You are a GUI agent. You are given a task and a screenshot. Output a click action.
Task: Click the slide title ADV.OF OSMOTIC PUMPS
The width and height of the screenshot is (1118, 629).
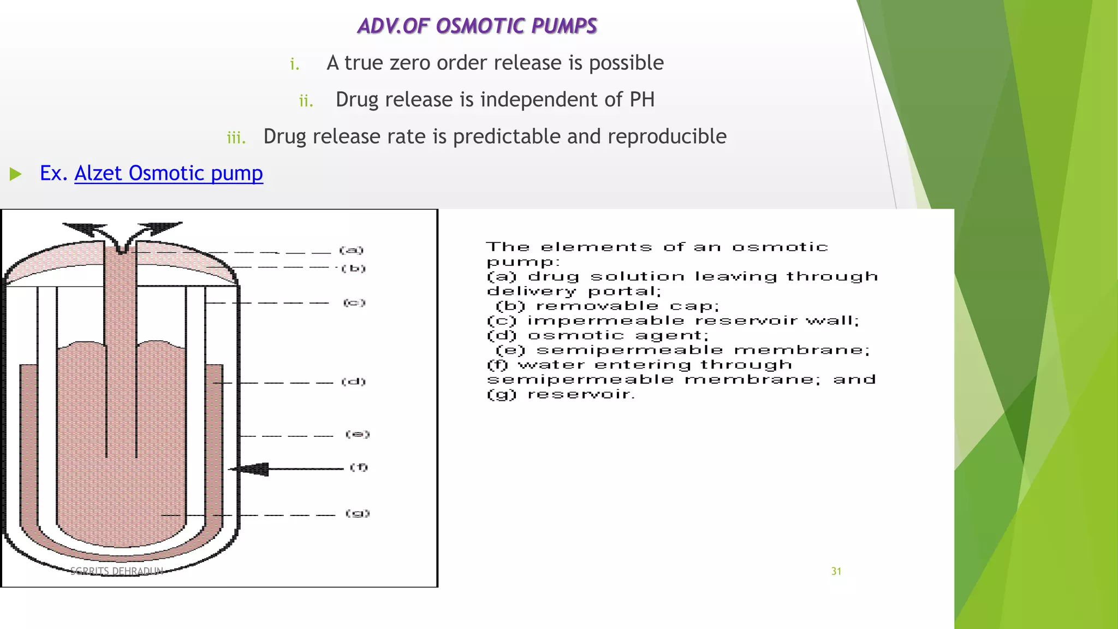tap(477, 26)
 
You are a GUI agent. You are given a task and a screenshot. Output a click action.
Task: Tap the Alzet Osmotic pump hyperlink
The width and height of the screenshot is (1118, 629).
tap(169, 173)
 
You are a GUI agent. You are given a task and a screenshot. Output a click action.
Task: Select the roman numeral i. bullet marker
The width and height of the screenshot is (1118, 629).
tap(295, 64)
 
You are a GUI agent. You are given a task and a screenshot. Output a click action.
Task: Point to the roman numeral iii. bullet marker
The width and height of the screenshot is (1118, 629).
tap(236, 138)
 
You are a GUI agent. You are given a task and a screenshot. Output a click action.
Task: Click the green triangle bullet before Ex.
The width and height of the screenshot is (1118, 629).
tap(15, 174)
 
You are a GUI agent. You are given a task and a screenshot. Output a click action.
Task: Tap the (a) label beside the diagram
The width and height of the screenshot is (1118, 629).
tap(351, 250)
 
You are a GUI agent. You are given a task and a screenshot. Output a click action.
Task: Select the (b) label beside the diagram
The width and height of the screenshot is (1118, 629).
tap(353, 268)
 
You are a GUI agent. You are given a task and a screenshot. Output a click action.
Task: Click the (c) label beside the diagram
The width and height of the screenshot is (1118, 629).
tap(354, 302)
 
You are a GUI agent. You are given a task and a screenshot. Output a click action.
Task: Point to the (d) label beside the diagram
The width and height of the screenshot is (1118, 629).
tap(353, 382)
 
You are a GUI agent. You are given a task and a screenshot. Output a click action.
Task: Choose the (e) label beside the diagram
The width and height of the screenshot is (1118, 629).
tap(358, 434)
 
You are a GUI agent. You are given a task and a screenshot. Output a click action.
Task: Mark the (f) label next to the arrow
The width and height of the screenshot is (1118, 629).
tap(359, 467)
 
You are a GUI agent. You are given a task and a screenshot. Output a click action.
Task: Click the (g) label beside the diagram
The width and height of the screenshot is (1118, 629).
tap(358, 513)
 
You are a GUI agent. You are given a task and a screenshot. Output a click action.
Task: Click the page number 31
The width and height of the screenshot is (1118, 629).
tap(836, 571)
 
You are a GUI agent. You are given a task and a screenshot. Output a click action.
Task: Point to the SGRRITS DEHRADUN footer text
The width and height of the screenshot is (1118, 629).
tap(117, 571)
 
